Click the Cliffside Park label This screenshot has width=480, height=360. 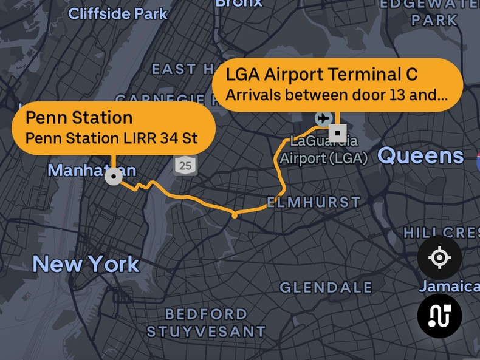(x=118, y=13)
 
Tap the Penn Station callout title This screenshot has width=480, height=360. (x=79, y=117)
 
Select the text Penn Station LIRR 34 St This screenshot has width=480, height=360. (x=111, y=138)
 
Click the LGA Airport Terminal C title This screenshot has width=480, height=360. (x=321, y=74)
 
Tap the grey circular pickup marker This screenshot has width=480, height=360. (x=114, y=177)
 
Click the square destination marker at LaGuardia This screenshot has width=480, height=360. (x=337, y=132)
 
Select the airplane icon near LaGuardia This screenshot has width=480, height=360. (x=323, y=117)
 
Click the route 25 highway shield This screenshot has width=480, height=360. (x=185, y=164)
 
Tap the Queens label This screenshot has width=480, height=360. (x=420, y=156)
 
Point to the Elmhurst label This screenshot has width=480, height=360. (x=314, y=202)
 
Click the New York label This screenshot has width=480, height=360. (x=86, y=264)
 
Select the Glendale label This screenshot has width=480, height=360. (x=326, y=287)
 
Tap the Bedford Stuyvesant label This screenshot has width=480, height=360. (x=207, y=323)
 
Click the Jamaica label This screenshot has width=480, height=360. (x=449, y=286)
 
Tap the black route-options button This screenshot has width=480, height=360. (x=439, y=316)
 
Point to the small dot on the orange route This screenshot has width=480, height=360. (x=235, y=215)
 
